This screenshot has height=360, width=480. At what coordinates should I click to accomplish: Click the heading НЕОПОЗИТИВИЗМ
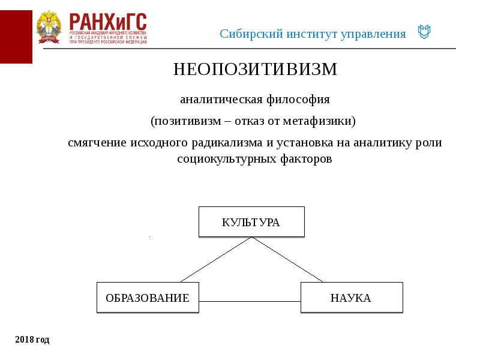pos(256,70)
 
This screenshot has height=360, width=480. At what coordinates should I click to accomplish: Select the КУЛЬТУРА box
pos(251,222)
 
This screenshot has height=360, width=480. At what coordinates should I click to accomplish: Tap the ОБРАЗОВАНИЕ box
pos(148,298)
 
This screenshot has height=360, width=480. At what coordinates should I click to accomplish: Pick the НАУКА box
pos(351,298)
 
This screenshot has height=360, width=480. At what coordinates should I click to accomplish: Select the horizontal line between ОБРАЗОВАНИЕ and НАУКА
pos(249,301)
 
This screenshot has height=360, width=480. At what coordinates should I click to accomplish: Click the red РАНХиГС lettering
pos(108,22)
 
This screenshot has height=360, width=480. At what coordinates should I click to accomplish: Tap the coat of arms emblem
pos(49,27)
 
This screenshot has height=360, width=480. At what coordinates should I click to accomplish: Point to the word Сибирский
pos(245,34)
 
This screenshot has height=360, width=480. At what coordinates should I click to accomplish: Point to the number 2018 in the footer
pos(24,340)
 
